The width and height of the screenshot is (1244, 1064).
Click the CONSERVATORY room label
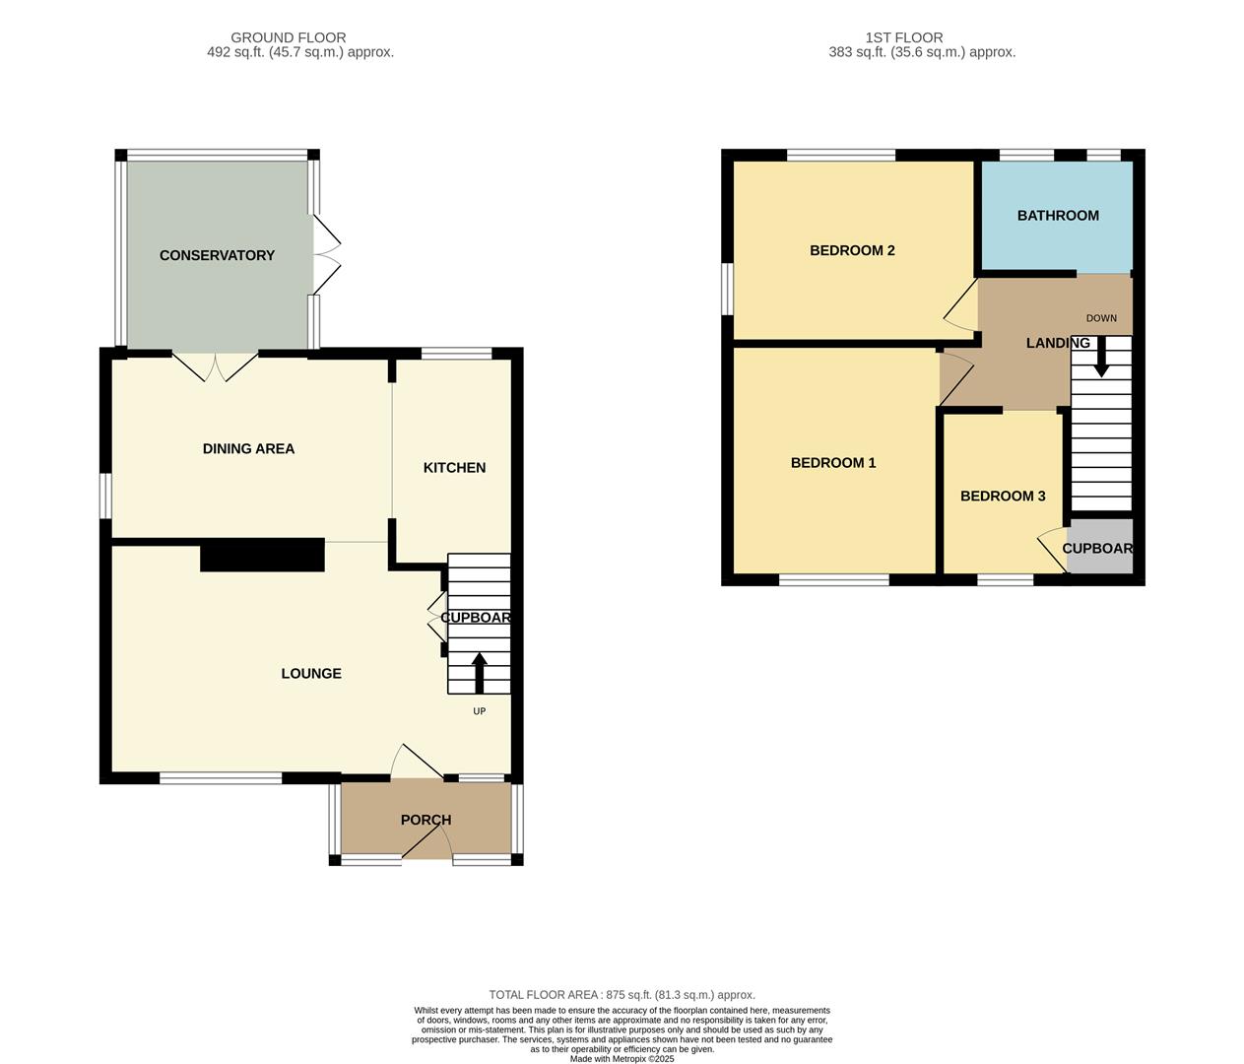pos(217,255)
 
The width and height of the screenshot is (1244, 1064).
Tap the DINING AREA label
pos(248,448)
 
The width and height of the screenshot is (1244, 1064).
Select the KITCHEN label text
pos(454,467)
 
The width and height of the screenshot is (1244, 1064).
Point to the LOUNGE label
pos(311,674)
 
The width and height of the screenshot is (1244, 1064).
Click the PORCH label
pos(426,820)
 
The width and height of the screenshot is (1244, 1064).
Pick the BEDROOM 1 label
pos(833,463)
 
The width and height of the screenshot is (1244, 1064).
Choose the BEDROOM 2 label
pos(852,250)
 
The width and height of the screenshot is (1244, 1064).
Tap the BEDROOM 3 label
pos(1003,496)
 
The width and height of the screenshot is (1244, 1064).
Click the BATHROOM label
pos(1058,215)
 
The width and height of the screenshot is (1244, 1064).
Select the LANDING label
pos(1058,343)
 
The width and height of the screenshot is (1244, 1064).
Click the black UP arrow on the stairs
pos(480,672)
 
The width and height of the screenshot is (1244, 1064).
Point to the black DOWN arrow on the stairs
pos(1101,357)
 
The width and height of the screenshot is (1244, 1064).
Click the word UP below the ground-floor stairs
pos(480,711)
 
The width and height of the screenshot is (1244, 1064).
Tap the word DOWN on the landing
pos(1101,318)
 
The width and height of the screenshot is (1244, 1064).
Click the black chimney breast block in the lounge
pos(262,555)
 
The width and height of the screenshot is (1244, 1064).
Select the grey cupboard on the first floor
pos(1100,547)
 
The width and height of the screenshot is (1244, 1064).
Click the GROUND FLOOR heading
pos(289,37)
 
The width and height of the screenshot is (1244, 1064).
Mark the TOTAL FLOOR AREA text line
pos(622,995)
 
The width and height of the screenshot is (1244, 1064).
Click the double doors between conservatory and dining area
pos(216,366)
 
